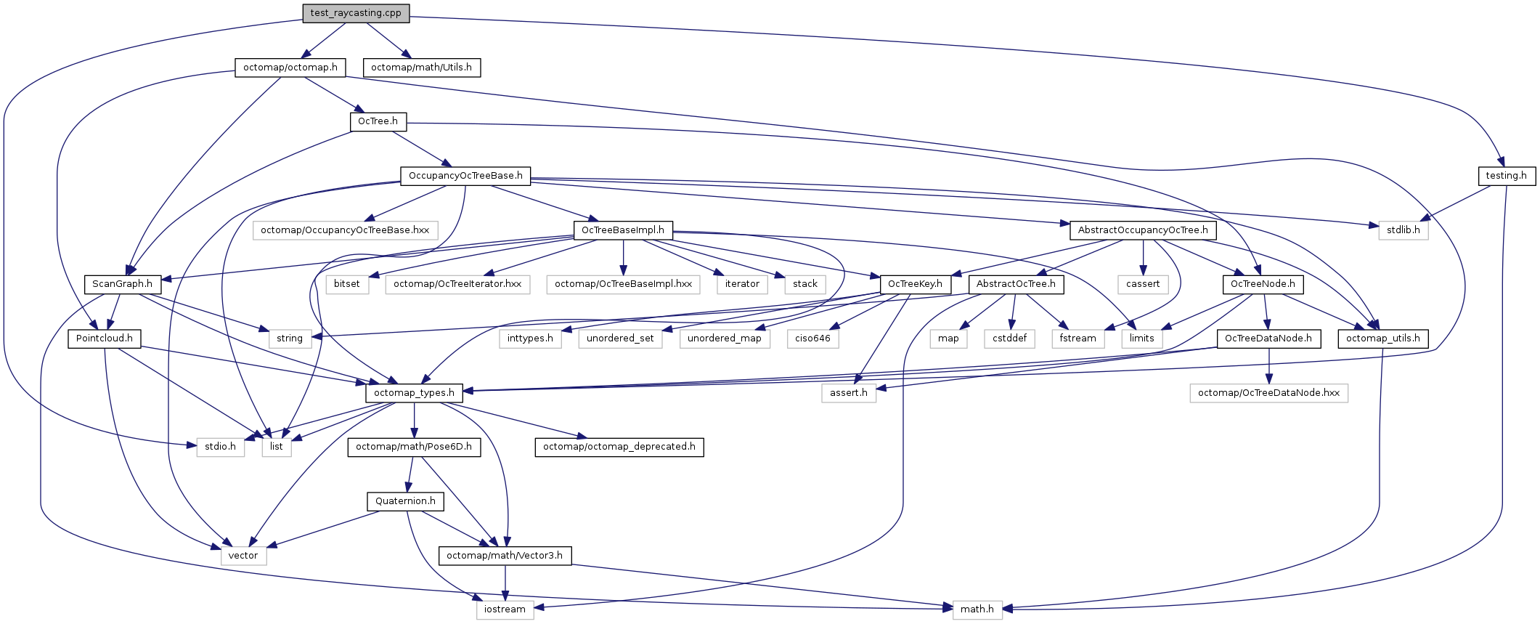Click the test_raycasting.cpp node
click(356, 13)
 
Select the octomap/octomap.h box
click(290, 68)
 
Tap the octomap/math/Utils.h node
click(421, 68)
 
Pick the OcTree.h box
click(378, 121)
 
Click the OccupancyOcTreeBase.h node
click(465, 176)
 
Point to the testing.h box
click(1506, 176)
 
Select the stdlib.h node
click(1403, 230)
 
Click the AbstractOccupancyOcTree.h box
click(1143, 230)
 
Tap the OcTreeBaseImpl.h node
click(623, 230)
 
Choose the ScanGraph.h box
click(122, 284)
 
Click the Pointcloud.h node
click(105, 339)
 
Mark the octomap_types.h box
click(414, 393)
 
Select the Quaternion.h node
click(405, 501)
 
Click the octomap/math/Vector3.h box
click(505, 556)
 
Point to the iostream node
click(505, 609)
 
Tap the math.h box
click(977, 609)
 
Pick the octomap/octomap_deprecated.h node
click(619, 447)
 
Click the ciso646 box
click(812, 339)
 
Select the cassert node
click(1143, 284)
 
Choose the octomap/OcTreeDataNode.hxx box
click(1268, 393)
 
